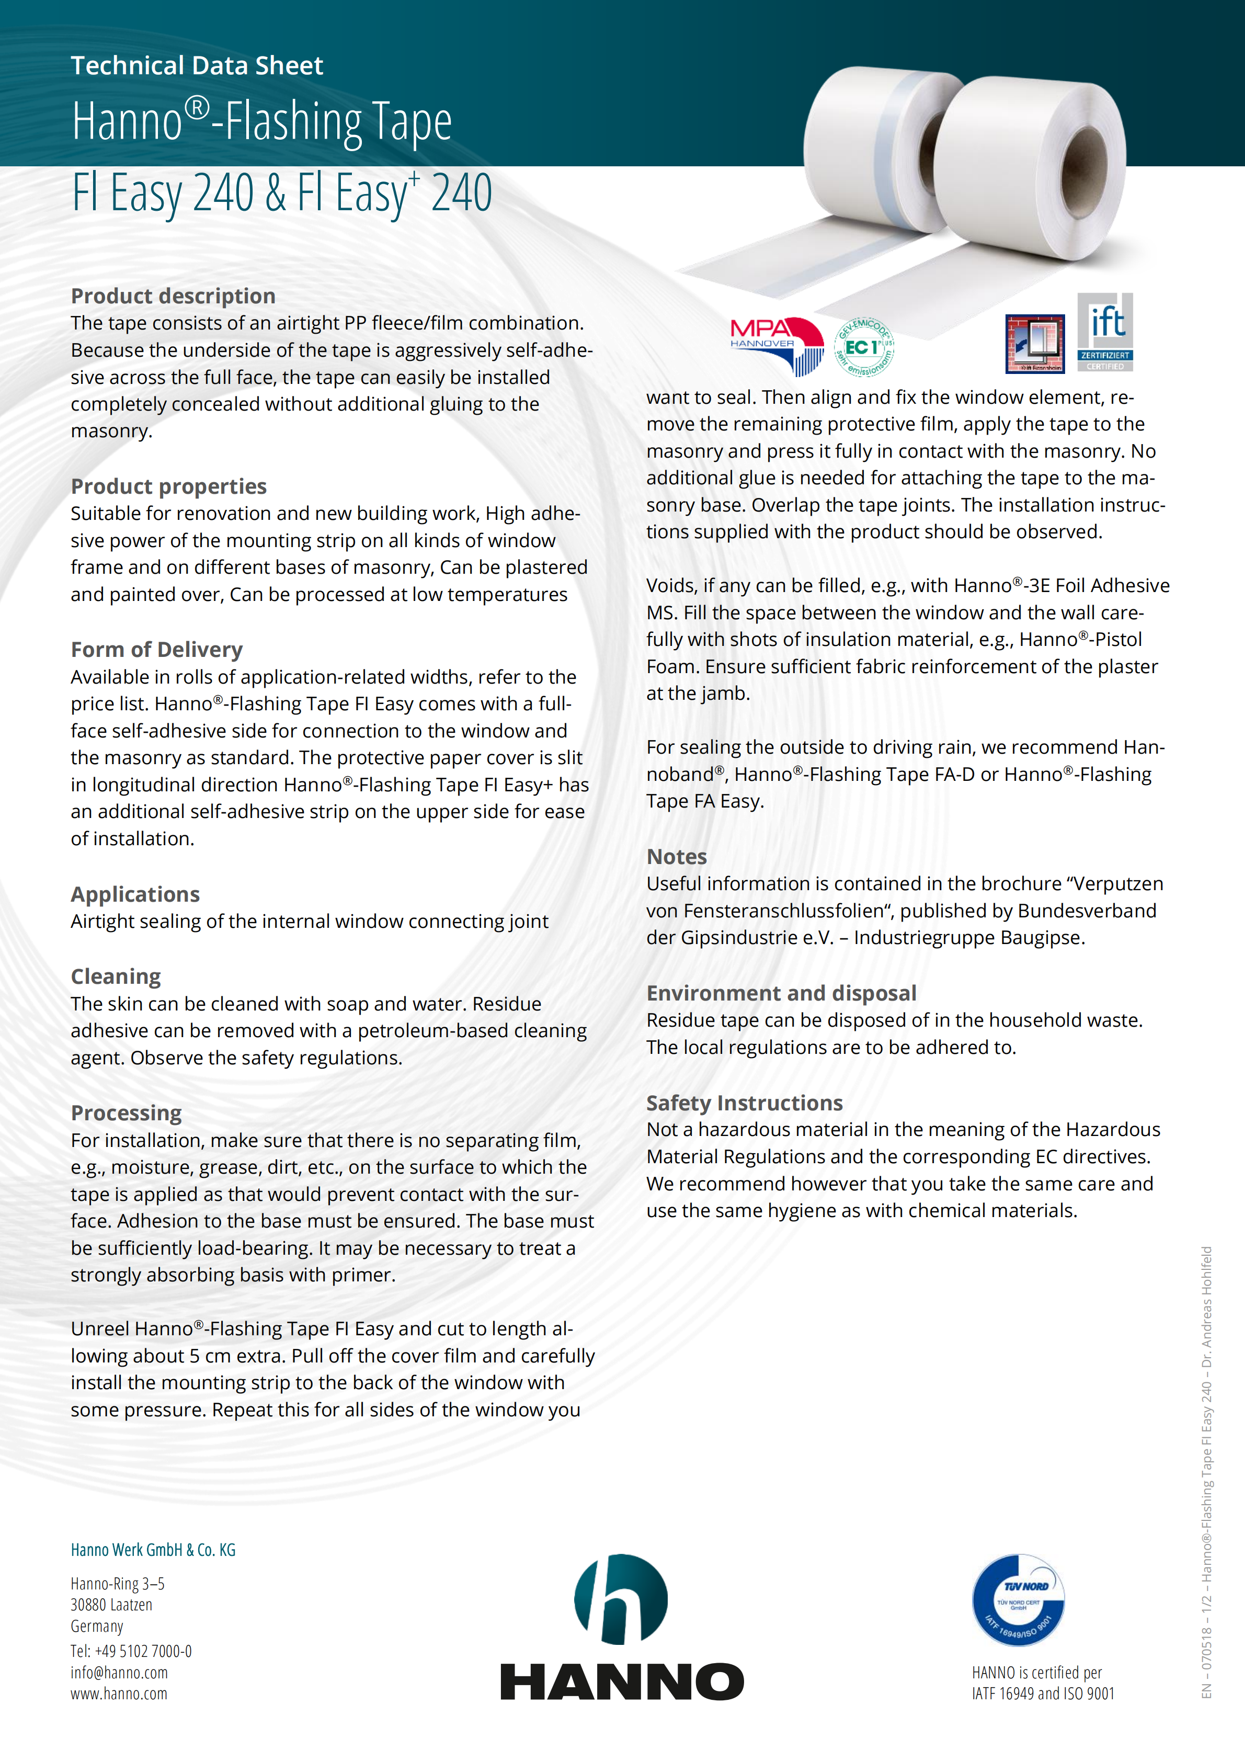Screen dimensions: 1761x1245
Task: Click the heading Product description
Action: pyautogui.click(x=173, y=296)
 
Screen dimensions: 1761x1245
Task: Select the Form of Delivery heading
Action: pyautogui.click(x=156, y=650)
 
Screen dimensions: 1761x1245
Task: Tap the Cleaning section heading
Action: pyautogui.click(x=116, y=976)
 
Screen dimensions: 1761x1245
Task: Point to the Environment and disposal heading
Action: pyautogui.click(x=781, y=993)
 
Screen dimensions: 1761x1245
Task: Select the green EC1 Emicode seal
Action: pyautogui.click(x=864, y=347)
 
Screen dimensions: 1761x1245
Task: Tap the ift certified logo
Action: pyautogui.click(x=1105, y=332)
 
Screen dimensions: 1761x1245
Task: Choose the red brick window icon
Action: pyautogui.click(x=1034, y=344)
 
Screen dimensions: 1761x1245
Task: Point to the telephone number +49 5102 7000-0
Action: pyautogui.click(x=131, y=1651)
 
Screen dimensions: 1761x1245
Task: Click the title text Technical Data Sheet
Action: pyautogui.click(x=197, y=66)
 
